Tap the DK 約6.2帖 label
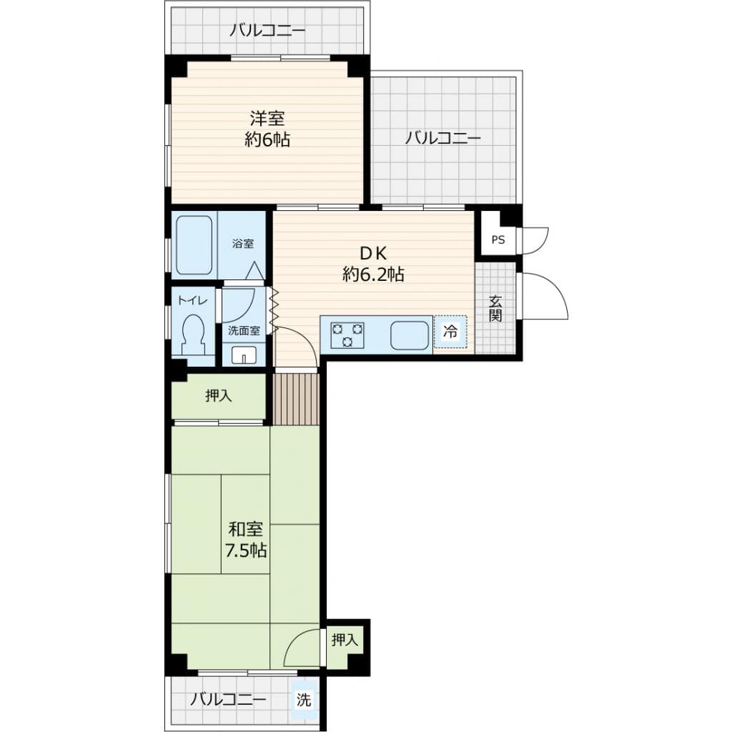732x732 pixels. [373, 264]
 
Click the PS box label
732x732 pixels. [498, 240]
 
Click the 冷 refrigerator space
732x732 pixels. [450, 332]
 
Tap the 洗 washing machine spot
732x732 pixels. [305, 701]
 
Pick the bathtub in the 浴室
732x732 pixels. [194, 244]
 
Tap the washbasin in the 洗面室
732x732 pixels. [244, 355]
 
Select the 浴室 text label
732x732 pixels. [242, 244]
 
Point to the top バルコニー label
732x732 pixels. [267, 31]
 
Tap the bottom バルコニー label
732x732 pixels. [228, 699]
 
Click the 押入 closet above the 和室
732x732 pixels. [219, 397]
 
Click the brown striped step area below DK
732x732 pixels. [296, 399]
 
